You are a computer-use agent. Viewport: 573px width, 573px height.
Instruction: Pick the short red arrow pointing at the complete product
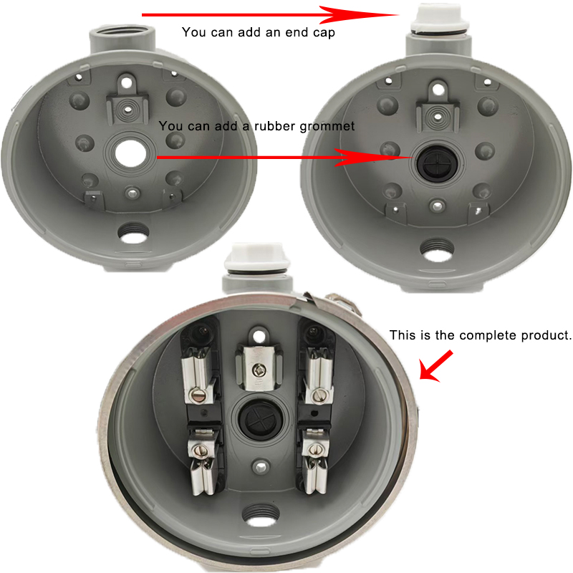click(435, 366)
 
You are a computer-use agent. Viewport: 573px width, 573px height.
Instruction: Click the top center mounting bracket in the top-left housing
click(129, 101)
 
